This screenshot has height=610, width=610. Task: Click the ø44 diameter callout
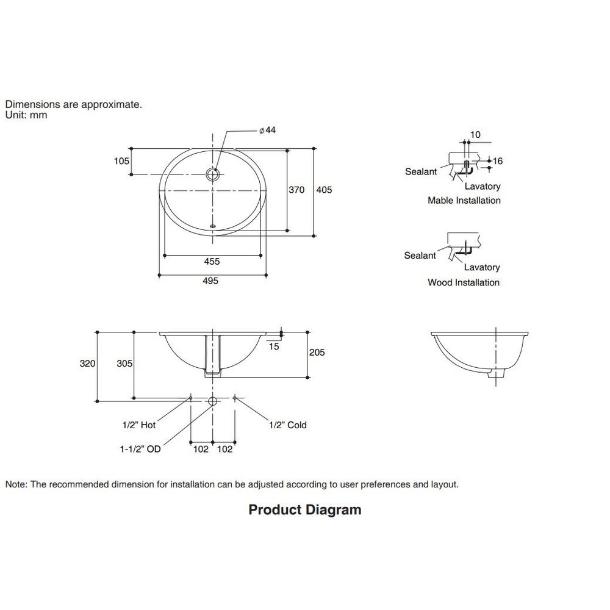click(268, 131)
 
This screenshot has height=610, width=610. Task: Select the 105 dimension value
click(121, 161)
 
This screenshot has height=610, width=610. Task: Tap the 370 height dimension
click(296, 190)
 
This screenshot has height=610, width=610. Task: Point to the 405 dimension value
click(325, 190)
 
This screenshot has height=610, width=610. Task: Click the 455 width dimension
click(212, 262)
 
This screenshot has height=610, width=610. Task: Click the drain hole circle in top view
click(213, 174)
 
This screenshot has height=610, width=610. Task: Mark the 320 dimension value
click(88, 364)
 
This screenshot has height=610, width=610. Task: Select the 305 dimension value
click(124, 364)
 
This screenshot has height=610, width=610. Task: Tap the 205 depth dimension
click(317, 353)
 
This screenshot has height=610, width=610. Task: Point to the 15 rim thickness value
click(274, 346)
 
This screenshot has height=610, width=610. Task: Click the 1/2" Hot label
click(139, 425)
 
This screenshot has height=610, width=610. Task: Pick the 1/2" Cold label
click(288, 425)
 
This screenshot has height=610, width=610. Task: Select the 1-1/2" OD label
click(140, 449)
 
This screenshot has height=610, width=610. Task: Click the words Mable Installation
click(464, 201)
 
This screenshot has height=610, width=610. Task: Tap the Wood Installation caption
click(464, 282)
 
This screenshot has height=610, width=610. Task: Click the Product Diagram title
click(305, 509)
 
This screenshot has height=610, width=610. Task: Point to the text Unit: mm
click(26, 115)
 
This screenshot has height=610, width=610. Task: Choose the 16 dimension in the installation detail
click(498, 161)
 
